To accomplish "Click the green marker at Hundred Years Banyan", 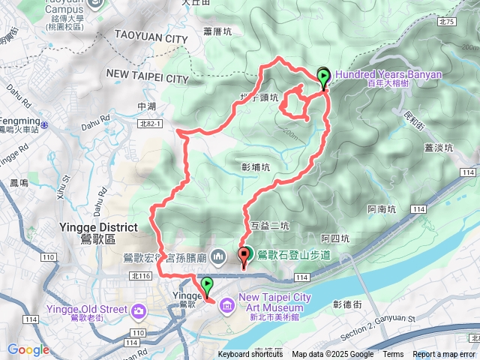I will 323,76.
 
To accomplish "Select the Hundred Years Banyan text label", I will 388,74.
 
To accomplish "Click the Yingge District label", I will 98,227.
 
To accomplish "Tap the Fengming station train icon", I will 45,122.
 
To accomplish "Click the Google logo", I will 28,349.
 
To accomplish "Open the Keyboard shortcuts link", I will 250,355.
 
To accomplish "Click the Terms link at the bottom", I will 393,355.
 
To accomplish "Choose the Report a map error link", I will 444,355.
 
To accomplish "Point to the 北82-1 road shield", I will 150,124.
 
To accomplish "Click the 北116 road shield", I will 139,276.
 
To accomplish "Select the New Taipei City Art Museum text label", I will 274,298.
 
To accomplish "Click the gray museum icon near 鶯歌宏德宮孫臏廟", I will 218,257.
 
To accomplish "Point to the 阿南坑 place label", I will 382,210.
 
